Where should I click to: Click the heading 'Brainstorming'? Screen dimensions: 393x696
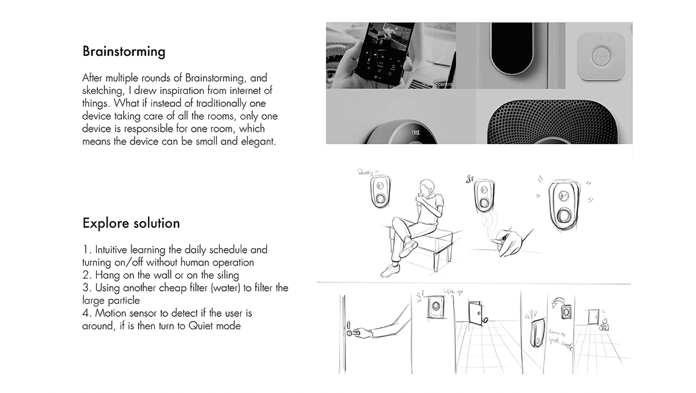(x=124, y=52)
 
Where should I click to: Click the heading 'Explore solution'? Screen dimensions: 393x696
(x=131, y=223)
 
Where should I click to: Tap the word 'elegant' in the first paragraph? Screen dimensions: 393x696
(x=256, y=141)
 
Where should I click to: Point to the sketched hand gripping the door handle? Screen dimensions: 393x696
(x=357, y=333)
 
